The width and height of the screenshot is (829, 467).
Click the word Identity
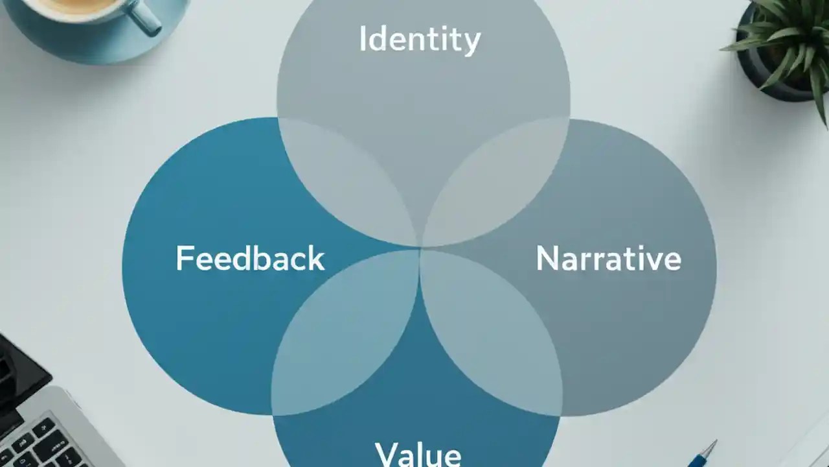(x=420, y=40)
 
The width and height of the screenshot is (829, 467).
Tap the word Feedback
(x=250, y=258)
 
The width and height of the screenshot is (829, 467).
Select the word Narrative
(x=608, y=258)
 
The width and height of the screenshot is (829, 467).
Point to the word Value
(x=418, y=454)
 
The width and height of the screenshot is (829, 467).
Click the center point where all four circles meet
(x=420, y=248)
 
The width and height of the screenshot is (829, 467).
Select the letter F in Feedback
(x=184, y=258)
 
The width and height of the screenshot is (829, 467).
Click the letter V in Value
(x=386, y=454)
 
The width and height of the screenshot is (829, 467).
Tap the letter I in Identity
(x=363, y=39)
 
